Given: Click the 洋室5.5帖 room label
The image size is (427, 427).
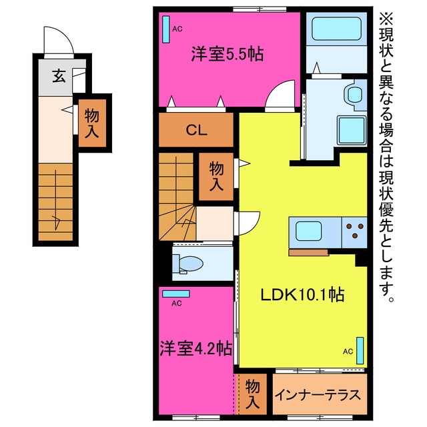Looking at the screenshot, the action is pyautogui.click(x=227, y=54).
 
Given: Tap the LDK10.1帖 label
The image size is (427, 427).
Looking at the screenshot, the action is pyautogui.click(x=302, y=295).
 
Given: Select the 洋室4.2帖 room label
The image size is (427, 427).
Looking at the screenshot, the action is pyautogui.click(x=195, y=348).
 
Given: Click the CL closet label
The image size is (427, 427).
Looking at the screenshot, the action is pyautogui.click(x=196, y=131).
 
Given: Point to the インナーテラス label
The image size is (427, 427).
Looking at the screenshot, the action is pyautogui.click(x=318, y=395).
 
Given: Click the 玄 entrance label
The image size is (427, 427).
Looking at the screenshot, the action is pyautogui.click(x=59, y=75).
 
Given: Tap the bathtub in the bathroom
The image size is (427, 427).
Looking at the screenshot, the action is pyautogui.click(x=336, y=29).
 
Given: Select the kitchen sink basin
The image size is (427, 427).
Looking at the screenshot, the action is pyautogui.click(x=308, y=231).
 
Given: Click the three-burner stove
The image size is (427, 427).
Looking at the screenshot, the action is pyautogui.click(x=354, y=232).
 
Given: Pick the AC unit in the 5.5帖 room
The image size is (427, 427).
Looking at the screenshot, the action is pyautogui.click(x=166, y=29).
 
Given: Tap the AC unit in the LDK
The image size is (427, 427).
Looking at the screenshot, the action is pyautogui.click(x=360, y=351).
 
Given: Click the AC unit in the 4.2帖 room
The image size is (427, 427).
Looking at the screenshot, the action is pyautogui.click(x=176, y=294).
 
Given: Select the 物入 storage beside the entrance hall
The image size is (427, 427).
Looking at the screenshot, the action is pyautogui.click(x=92, y=123).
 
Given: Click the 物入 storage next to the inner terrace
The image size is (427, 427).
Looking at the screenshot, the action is pyautogui.click(x=252, y=394).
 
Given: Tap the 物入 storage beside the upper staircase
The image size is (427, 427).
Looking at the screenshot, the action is pyautogui.click(x=216, y=176).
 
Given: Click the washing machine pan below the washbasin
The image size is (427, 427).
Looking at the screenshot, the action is pyautogui.click(x=352, y=130).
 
